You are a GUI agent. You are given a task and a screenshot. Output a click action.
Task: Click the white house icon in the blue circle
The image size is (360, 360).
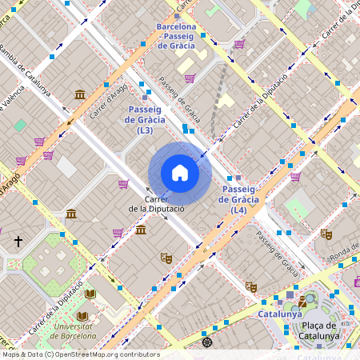180,173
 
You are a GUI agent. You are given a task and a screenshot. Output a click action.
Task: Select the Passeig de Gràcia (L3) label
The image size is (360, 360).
146,119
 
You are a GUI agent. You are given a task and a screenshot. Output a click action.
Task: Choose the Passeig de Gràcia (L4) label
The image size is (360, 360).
238,199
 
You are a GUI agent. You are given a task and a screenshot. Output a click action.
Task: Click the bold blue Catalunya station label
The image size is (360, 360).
279,314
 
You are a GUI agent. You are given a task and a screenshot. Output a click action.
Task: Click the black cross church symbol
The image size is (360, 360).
18,241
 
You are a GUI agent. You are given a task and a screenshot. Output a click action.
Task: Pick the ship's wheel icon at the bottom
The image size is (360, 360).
207,342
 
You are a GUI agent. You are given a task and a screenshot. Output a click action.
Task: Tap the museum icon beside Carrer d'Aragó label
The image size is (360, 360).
80,95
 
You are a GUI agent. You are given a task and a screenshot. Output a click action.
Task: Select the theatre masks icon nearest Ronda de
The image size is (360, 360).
325,234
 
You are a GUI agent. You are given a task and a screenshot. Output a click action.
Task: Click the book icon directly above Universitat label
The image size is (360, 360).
90,294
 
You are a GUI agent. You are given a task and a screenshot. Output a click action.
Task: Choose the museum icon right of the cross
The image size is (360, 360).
71,214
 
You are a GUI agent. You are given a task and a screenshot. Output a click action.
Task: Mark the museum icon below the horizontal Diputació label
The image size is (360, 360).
141,230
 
